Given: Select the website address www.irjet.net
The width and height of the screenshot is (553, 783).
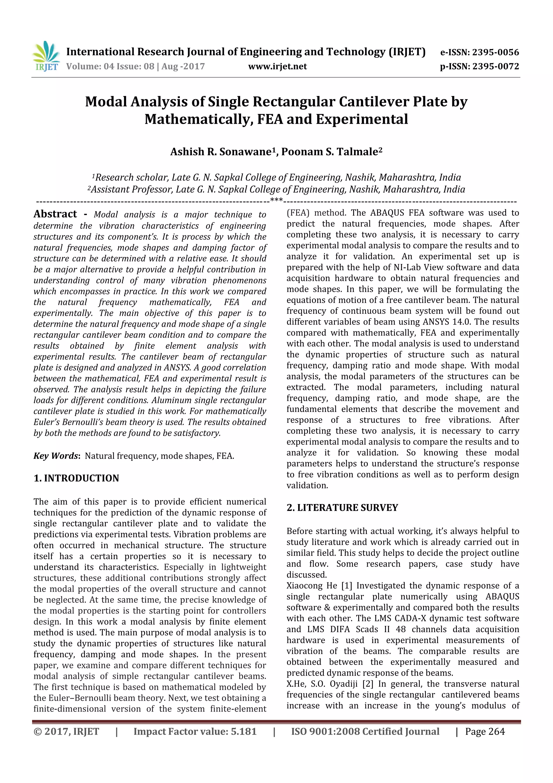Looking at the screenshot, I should click(x=277, y=66).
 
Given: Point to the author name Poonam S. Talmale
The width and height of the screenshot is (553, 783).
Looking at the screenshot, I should click(x=329, y=152).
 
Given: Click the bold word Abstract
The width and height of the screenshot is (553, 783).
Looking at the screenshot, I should click(x=55, y=214).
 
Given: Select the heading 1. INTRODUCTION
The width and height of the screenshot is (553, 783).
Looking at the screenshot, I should click(x=76, y=478).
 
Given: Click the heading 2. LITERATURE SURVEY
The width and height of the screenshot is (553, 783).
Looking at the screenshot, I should click(x=342, y=507).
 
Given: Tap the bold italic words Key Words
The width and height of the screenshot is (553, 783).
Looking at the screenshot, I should click(x=56, y=456).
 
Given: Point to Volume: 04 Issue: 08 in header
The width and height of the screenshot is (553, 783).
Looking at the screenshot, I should click(x=110, y=66).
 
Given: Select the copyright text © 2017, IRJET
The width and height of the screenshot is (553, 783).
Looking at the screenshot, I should click(x=66, y=731).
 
